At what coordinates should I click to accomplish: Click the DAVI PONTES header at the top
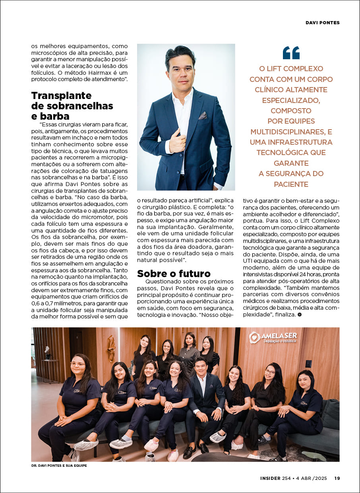(322, 23)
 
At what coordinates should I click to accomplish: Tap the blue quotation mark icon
(291, 52)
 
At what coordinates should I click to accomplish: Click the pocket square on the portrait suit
(203, 116)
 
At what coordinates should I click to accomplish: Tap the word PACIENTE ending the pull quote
(291, 184)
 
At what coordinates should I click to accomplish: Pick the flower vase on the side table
(48, 351)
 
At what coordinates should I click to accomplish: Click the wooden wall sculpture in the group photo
(111, 348)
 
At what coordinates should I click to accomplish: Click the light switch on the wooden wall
(308, 363)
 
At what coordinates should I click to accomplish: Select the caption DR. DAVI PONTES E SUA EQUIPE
(58, 465)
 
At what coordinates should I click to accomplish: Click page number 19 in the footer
(337, 478)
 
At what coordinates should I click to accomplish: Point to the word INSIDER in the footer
(270, 478)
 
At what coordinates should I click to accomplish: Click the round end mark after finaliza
(300, 314)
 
